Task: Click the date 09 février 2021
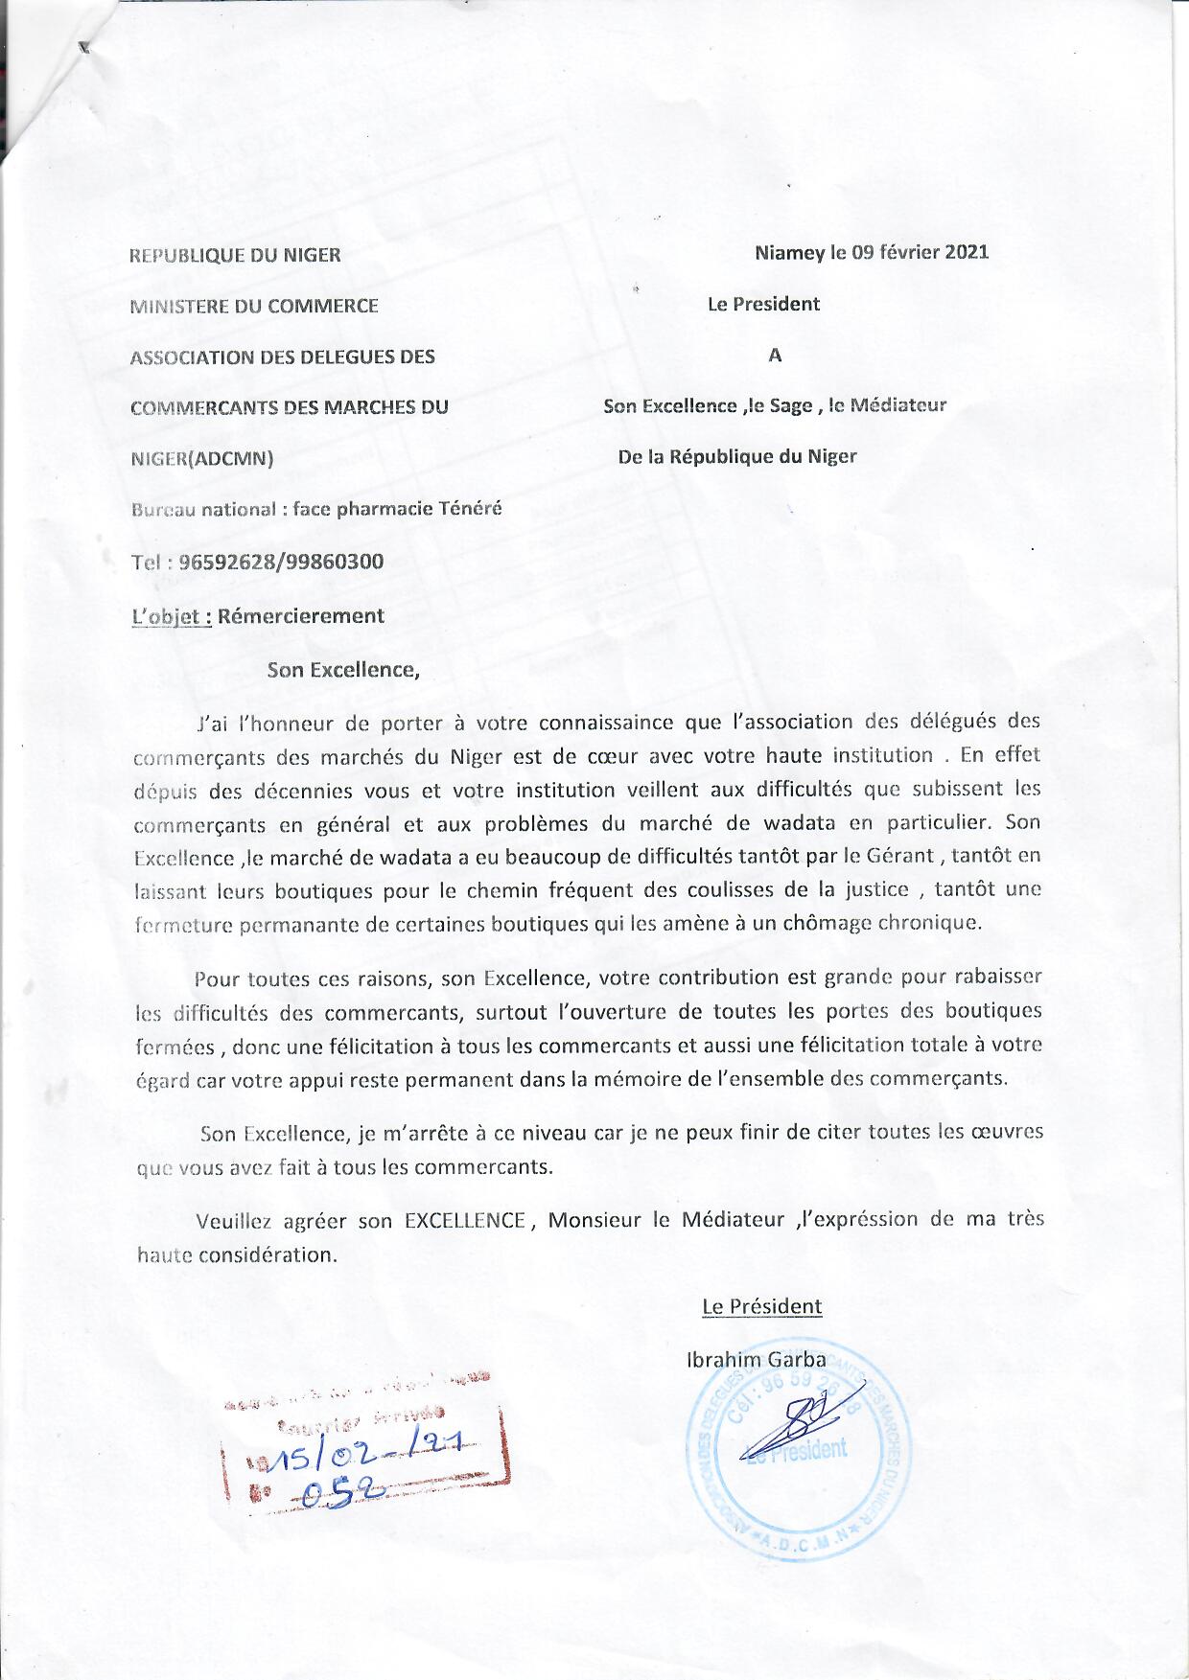(x=912, y=253)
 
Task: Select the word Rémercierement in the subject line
(x=301, y=616)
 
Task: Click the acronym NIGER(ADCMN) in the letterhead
(x=202, y=458)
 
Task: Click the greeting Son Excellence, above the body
(x=343, y=670)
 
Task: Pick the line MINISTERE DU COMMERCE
(x=255, y=307)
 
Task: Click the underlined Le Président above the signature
(x=761, y=1306)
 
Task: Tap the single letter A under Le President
(x=775, y=356)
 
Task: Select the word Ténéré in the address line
(x=469, y=509)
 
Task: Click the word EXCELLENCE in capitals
(x=465, y=1221)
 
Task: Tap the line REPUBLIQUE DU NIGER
(x=236, y=256)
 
